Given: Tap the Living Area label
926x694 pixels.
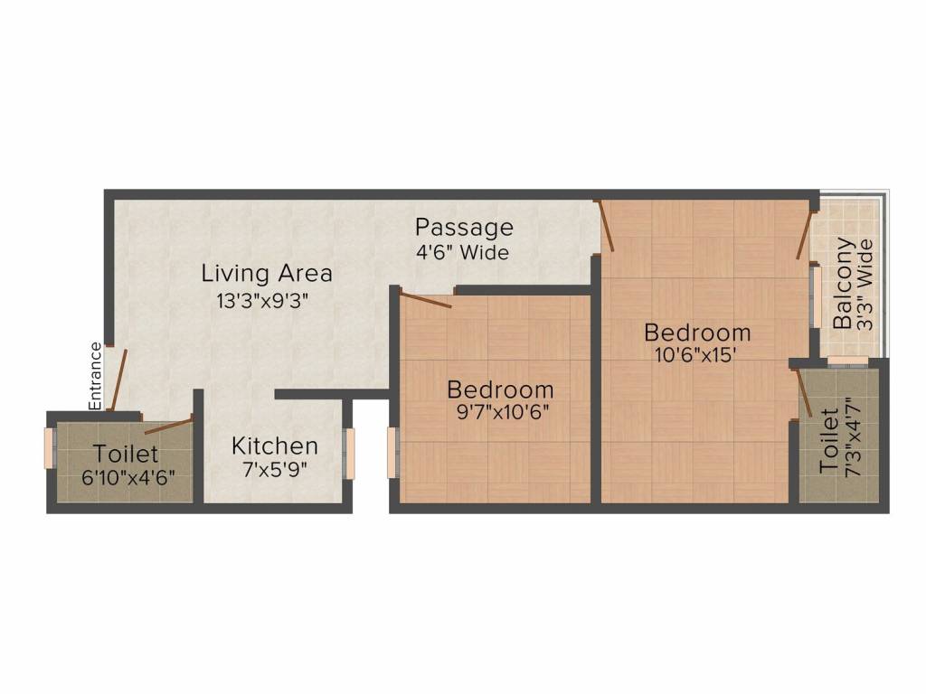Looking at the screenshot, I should point(267,272).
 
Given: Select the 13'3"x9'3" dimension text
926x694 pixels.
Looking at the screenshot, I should point(263,302).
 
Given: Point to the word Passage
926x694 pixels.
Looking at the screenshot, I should point(464,227).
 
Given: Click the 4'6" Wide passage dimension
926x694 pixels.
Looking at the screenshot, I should point(462,253).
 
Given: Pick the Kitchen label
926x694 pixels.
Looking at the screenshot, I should point(275,445).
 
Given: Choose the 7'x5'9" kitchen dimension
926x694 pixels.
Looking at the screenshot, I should point(275,471).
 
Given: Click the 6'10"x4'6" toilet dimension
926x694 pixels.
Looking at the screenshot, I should point(128,478).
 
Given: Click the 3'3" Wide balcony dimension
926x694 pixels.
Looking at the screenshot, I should point(865,283).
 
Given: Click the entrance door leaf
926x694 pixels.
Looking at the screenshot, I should point(118,380).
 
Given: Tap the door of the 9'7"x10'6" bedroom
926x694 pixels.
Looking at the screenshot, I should point(425,300).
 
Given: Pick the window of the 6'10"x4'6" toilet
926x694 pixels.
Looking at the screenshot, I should point(50,448).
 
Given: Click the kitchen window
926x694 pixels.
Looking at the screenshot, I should point(349,455).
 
